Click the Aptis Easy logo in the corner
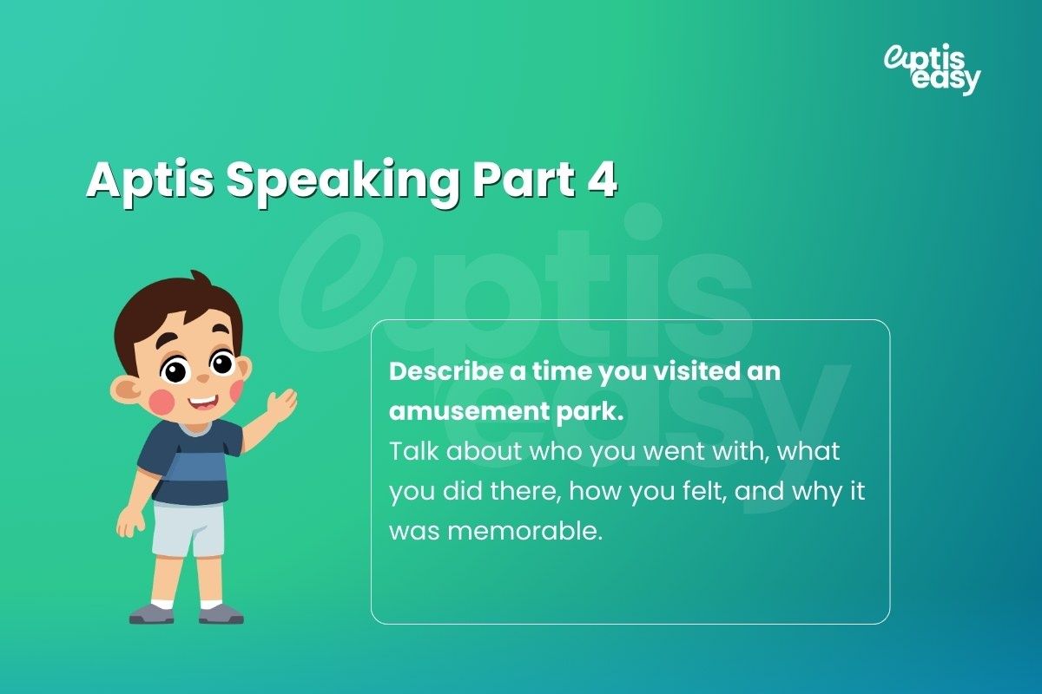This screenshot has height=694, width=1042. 932,69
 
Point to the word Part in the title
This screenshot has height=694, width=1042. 523,181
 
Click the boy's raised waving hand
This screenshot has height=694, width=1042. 280,406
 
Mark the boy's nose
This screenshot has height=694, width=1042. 201,378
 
